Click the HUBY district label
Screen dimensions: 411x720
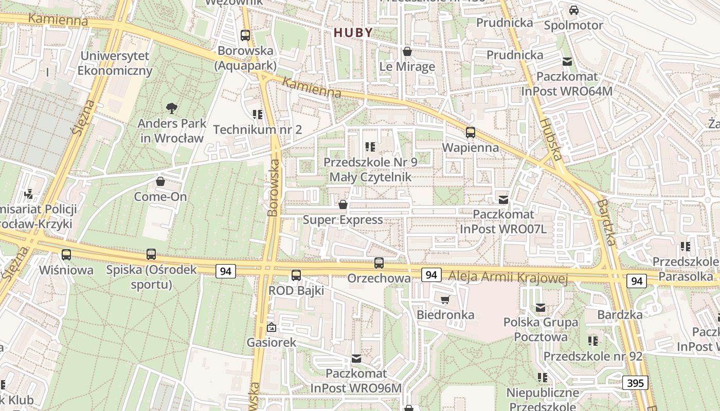click(x=353, y=32)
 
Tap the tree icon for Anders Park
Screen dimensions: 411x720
click(x=172, y=108)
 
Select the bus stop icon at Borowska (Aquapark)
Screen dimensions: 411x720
click(x=245, y=35)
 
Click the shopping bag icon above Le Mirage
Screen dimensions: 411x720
click(x=407, y=51)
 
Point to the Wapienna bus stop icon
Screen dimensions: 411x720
click(x=470, y=133)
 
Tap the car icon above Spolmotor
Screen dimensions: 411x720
click(x=573, y=10)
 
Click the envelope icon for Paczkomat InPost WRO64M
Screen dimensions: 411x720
click(x=567, y=62)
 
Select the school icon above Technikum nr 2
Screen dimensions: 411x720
click(x=257, y=114)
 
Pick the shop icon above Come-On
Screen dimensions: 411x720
click(x=160, y=181)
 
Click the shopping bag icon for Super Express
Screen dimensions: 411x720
click(x=343, y=204)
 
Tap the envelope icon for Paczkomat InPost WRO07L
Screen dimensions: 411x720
click(x=503, y=199)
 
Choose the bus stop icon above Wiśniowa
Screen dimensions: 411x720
click(x=66, y=254)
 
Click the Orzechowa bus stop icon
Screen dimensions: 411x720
click(x=379, y=263)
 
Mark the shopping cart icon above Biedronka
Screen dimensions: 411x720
click(x=445, y=300)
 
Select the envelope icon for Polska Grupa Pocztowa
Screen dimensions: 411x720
click(x=541, y=307)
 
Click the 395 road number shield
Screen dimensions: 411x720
click(x=635, y=383)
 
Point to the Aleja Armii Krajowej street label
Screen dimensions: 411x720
click(x=508, y=278)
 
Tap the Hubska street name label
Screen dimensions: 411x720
click(x=551, y=139)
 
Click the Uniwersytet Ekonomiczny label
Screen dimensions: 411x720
click(x=115, y=63)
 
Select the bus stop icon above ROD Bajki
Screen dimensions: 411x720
click(x=296, y=275)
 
